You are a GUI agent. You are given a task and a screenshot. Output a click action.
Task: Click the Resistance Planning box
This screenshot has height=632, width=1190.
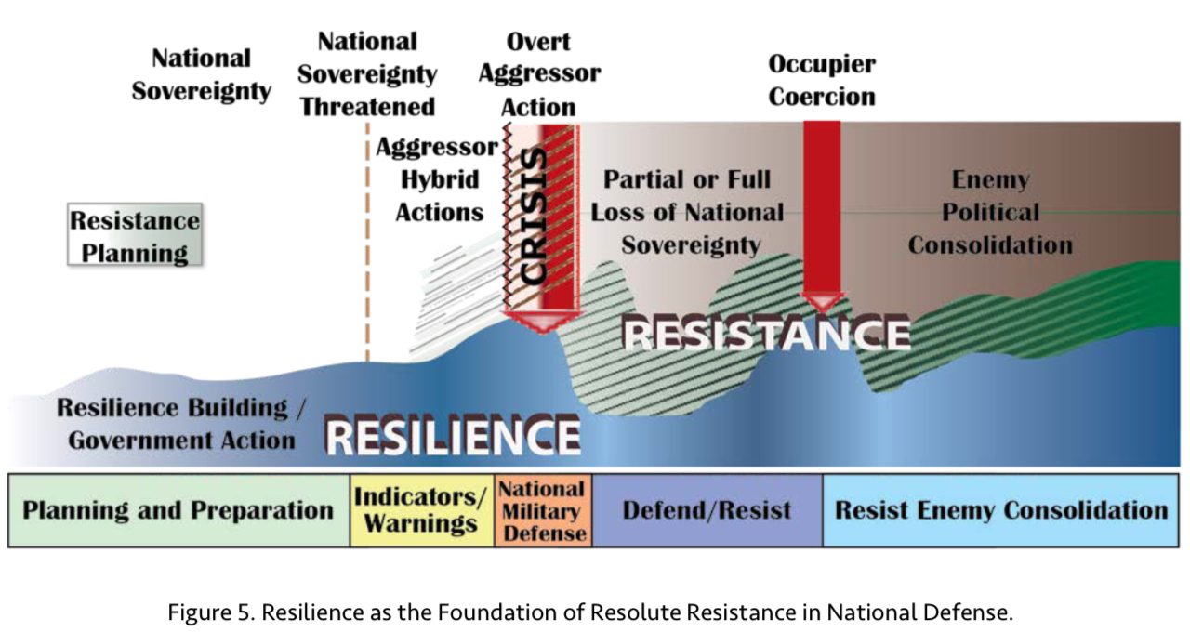tap(135, 234)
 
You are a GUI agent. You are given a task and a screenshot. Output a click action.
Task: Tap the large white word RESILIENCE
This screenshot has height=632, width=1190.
tap(452, 437)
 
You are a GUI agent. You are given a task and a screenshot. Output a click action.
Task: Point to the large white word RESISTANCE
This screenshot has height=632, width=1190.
tap(767, 334)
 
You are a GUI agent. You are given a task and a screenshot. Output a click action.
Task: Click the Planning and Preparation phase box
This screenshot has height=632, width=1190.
tap(178, 510)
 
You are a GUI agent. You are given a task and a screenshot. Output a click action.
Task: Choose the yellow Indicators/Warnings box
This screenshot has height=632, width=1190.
tap(422, 510)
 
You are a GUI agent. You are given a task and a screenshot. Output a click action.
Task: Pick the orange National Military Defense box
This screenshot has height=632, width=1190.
tap(543, 510)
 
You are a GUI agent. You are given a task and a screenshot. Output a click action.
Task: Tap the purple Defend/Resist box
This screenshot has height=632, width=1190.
tap(707, 510)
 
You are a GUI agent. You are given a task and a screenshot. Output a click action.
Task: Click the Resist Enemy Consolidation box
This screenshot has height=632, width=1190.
tap(1001, 510)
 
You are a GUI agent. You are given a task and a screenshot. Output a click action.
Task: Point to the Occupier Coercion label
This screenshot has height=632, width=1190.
tap(822, 80)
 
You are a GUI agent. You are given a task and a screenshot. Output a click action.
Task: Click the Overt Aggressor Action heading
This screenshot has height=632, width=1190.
tap(539, 73)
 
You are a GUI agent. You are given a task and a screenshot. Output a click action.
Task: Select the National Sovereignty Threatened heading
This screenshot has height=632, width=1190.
tap(367, 73)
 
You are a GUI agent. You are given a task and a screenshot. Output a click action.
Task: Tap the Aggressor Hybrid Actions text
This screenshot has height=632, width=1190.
tap(438, 179)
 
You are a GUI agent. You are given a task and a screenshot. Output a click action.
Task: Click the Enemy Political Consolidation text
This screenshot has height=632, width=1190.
tap(990, 213)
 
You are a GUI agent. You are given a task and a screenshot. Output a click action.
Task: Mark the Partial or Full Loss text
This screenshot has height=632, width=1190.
tap(687, 213)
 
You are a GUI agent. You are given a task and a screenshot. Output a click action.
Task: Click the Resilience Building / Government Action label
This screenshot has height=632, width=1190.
tap(181, 424)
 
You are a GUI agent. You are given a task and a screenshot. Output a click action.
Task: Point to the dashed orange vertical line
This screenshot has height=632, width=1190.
tap(367, 242)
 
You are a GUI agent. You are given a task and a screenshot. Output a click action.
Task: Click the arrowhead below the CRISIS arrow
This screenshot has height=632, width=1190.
tap(543, 323)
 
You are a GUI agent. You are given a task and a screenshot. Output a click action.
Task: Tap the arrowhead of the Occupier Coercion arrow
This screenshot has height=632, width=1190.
tap(822, 302)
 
